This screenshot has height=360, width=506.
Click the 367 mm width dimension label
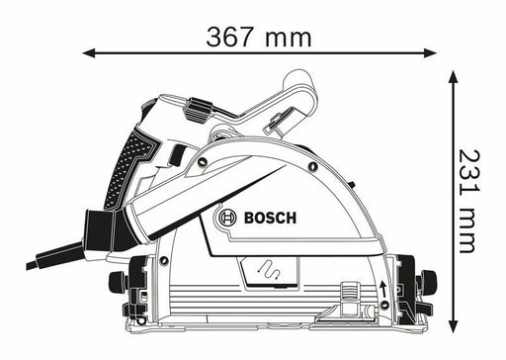259,38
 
